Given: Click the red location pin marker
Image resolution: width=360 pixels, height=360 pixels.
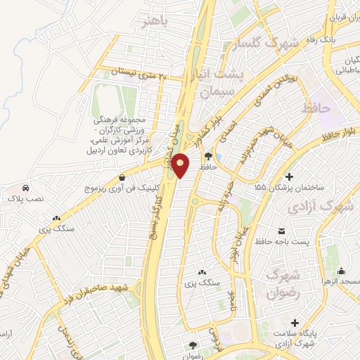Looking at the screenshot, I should [x=181, y=165].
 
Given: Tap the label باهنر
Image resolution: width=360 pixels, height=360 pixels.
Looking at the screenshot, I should [x=155, y=21].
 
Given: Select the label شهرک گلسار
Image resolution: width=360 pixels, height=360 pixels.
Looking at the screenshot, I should [x=263, y=44].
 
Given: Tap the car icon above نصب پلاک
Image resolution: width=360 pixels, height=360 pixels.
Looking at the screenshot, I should [x=26, y=188].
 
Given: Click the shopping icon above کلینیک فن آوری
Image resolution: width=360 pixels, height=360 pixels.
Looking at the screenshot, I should [x=123, y=178].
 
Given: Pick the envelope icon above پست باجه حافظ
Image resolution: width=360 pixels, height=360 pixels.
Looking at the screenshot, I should [x=282, y=231].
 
